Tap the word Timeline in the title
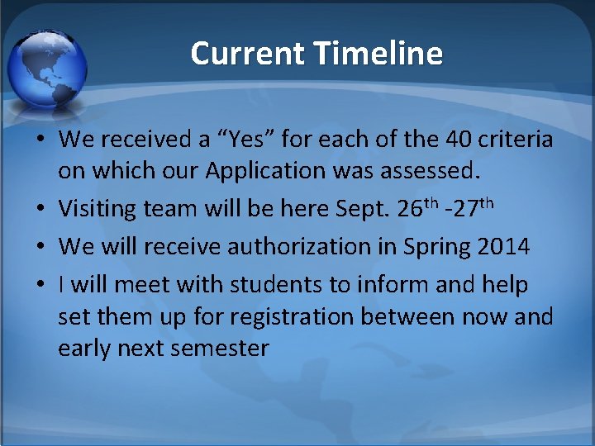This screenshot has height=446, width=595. pyautogui.click(x=378, y=54)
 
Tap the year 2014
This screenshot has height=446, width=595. pyautogui.click(x=502, y=246)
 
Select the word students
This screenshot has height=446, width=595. pyautogui.click(x=272, y=284)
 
